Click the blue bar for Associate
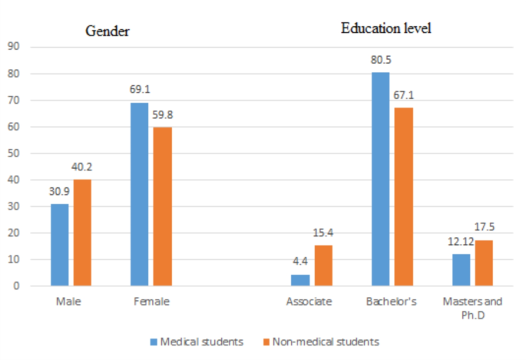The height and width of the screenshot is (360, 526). click(300, 280)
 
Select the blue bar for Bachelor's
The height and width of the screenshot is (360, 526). click(379, 179)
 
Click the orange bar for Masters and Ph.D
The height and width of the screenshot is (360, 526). click(482, 263)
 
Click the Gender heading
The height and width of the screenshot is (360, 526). click(107, 31)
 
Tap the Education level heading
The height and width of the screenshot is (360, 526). click(386, 29)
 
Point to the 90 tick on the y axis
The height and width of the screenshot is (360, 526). click(14, 47)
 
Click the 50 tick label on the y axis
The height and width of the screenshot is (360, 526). click(14, 154)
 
